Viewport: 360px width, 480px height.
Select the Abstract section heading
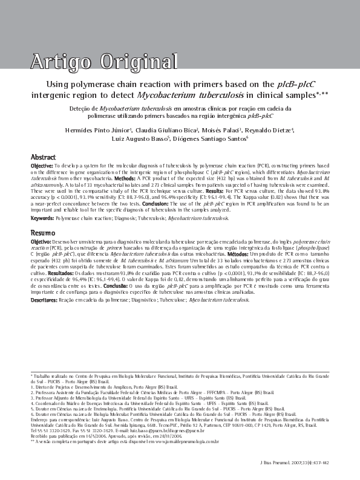point(44,157)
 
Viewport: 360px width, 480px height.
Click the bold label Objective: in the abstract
point(42,165)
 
